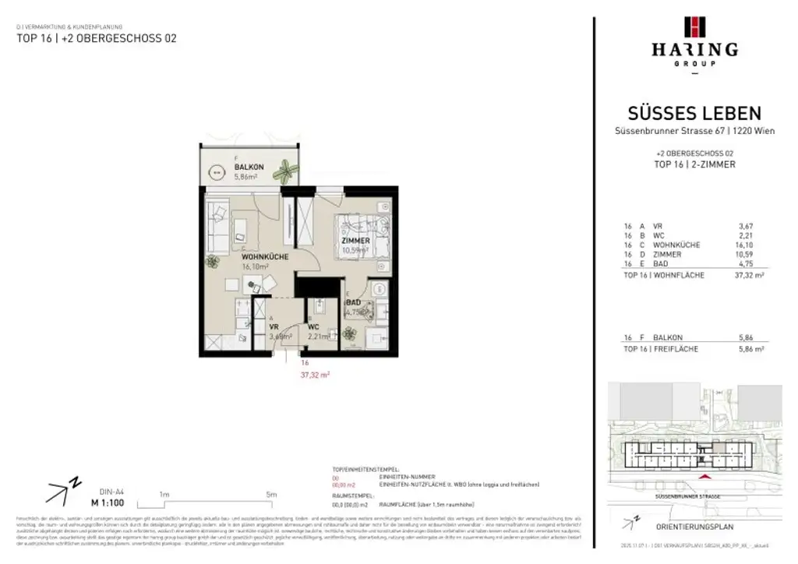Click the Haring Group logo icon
click(x=694, y=26)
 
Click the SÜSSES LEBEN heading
click(x=694, y=114)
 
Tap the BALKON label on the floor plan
click(x=249, y=167)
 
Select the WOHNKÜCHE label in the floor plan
click(x=265, y=256)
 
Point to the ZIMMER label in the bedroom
click(x=355, y=241)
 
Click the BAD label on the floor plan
click(x=353, y=301)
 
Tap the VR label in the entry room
click(x=274, y=327)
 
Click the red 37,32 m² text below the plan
click(x=315, y=374)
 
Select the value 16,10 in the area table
click(x=747, y=245)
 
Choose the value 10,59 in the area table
click(x=747, y=255)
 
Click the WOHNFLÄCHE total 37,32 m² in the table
click(x=749, y=276)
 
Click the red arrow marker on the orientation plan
click(x=706, y=476)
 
